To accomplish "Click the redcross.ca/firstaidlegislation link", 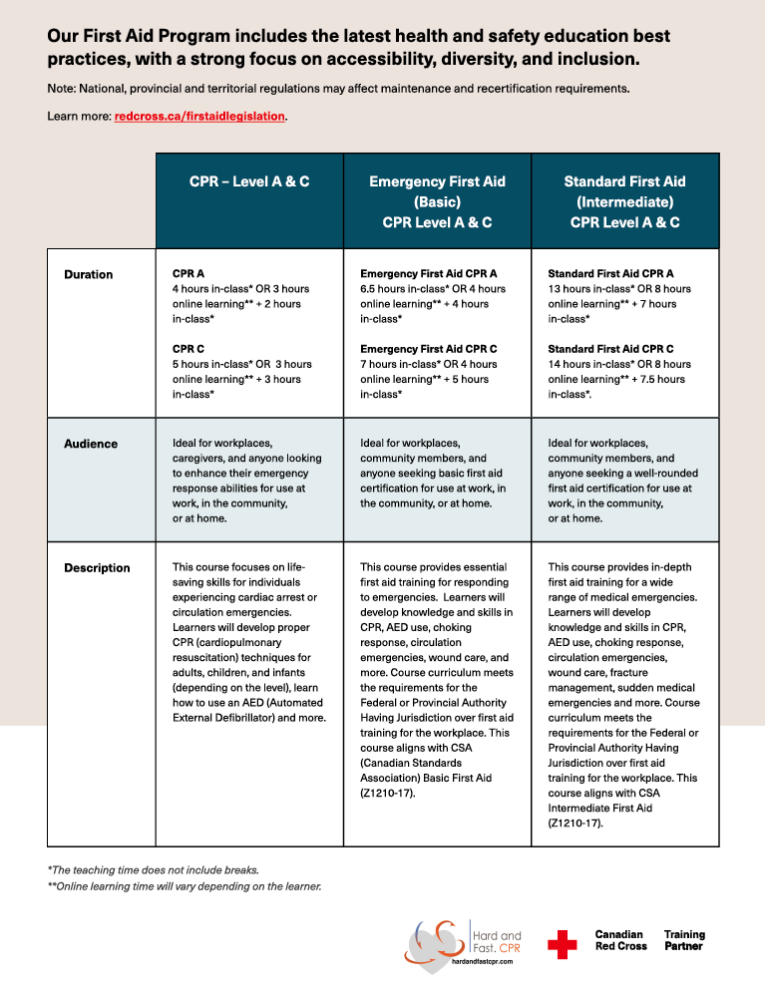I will (x=200, y=117).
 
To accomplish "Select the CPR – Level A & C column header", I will (x=249, y=181).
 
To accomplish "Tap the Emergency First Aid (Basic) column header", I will (x=437, y=201).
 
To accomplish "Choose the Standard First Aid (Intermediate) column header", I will (x=624, y=201).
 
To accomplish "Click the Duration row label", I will (x=89, y=274).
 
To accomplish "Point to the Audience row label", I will (x=91, y=444).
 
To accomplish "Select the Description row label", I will (x=97, y=568).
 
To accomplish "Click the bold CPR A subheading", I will (x=189, y=273).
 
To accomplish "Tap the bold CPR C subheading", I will (x=189, y=349).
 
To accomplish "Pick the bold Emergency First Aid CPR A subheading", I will (x=428, y=273).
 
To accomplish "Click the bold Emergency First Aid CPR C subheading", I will (x=428, y=349).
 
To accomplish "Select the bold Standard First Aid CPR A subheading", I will (x=610, y=273).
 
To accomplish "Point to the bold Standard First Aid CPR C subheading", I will (x=610, y=349).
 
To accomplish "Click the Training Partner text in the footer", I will (x=684, y=940).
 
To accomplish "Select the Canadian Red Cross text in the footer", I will (x=620, y=940).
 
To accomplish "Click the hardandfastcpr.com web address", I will (x=483, y=962).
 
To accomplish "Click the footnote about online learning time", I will (x=185, y=886).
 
